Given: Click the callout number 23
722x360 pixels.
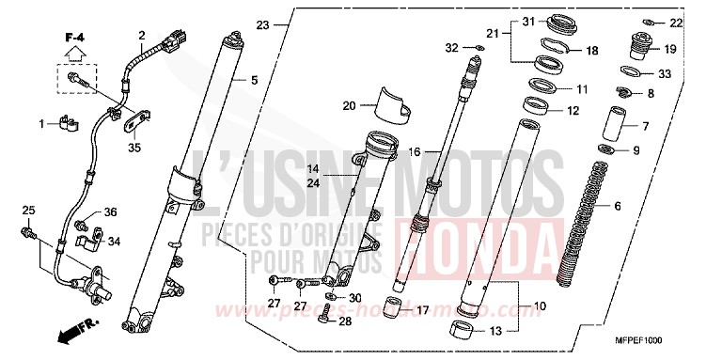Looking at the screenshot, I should tap(261, 23).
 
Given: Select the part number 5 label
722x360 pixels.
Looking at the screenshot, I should tap(254, 80).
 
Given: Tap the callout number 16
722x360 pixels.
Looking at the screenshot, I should tap(413, 150).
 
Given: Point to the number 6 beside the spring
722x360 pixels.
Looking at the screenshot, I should tap(617, 205).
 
